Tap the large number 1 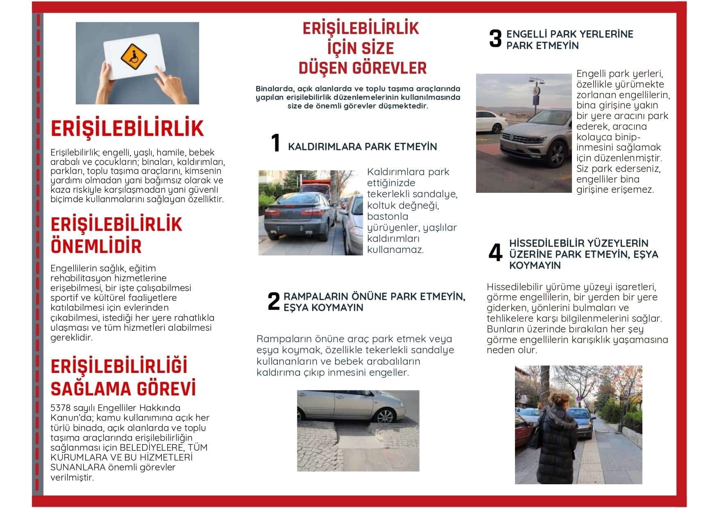(276, 143)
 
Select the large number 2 (273, 301)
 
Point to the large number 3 (495, 39)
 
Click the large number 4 (495, 253)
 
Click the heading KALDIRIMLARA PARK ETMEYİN (362, 147)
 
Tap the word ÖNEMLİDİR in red (96, 246)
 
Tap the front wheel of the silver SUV (557, 154)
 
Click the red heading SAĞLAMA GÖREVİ (123, 389)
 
